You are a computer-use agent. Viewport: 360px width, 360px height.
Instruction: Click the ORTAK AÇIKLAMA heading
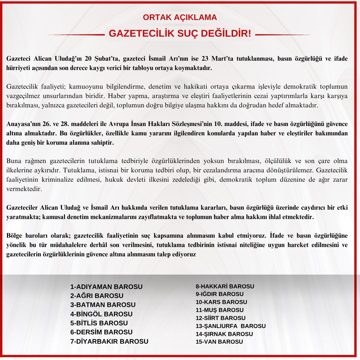tap(180, 17)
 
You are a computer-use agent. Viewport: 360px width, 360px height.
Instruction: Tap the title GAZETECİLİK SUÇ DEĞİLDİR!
tap(180, 34)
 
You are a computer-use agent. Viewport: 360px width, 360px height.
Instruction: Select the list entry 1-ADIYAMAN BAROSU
tap(106, 287)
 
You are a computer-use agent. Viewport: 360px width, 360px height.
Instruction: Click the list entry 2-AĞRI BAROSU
tap(97, 296)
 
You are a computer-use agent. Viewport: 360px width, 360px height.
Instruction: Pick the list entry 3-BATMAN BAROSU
tap(103, 305)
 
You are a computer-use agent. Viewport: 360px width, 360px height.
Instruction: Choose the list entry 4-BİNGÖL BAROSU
tap(101, 314)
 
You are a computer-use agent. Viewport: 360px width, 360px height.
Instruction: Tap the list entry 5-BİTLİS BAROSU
tap(99, 323)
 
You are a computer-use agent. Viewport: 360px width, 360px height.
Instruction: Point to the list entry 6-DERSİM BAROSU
tap(101, 332)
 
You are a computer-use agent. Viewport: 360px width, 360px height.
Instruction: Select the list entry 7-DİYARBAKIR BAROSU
tap(109, 341)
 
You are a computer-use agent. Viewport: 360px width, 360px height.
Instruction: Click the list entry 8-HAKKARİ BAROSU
tap(225, 286)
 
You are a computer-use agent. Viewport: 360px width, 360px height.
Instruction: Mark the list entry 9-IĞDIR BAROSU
tap(219, 294)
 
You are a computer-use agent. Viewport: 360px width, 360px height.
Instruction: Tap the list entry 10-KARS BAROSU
tap(221, 302)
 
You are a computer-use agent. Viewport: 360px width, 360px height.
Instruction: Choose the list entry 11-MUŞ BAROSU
tap(219, 310)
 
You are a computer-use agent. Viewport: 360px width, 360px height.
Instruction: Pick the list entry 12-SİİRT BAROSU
tap(220, 318)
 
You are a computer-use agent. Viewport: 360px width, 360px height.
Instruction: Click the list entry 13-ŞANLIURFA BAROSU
tap(231, 326)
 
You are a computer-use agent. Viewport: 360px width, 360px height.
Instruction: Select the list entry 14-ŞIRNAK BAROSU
tap(224, 334)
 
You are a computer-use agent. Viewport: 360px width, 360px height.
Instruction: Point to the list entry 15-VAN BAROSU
tap(219, 342)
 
